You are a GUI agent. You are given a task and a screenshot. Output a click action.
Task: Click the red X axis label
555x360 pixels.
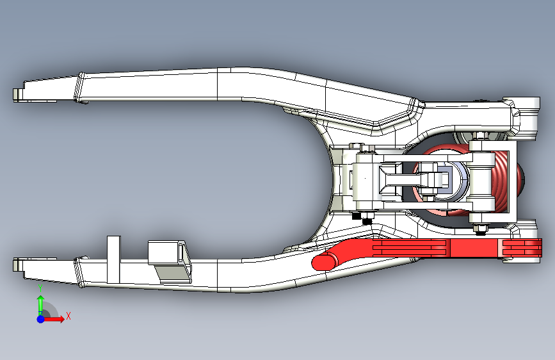point(68,315)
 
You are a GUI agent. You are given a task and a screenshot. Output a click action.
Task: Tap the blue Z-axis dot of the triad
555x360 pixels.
point(40,318)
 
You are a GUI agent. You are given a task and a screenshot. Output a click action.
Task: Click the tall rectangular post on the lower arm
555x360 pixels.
point(113,259)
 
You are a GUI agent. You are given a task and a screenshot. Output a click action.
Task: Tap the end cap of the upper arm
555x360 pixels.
point(17,94)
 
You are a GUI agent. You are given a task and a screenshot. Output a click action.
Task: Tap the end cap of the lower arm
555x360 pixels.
point(17,263)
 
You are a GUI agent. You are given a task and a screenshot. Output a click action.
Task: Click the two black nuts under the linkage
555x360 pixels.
point(362,218)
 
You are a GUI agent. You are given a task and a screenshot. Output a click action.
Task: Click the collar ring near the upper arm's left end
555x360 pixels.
point(82,88)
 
